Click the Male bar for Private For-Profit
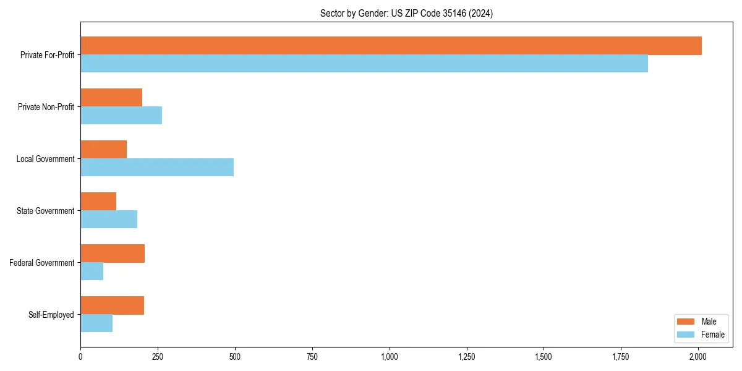tap(391, 46)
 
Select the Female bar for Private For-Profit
tap(364, 64)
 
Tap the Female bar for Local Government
tap(157, 168)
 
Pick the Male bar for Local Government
tap(103, 150)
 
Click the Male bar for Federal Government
tap(113, 254)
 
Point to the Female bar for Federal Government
tap(92, 271)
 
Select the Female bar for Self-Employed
tap(96, 323)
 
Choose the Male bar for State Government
tap(98, 202)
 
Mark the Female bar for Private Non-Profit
tap(121, 116)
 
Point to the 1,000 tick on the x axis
tap(390, 357)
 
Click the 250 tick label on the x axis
tap(158, 357)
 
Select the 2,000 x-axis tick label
tap(698, 357)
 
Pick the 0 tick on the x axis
tap(80, 357)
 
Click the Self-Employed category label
tap(51, 315)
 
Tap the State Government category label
tap(46, 211)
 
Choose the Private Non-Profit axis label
tap(46, 107)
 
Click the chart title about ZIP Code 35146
tap(406, 13)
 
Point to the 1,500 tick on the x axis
tap(544, 357)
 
